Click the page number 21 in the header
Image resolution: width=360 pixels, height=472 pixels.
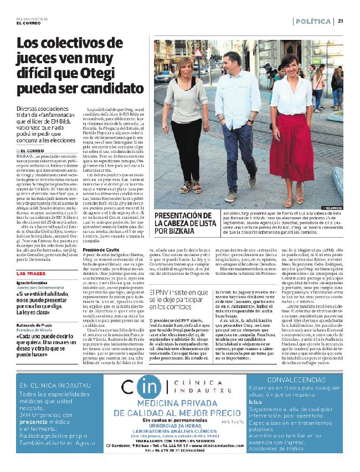tap(340, 21)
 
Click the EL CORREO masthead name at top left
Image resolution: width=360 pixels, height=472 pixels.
tap(27, 23)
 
